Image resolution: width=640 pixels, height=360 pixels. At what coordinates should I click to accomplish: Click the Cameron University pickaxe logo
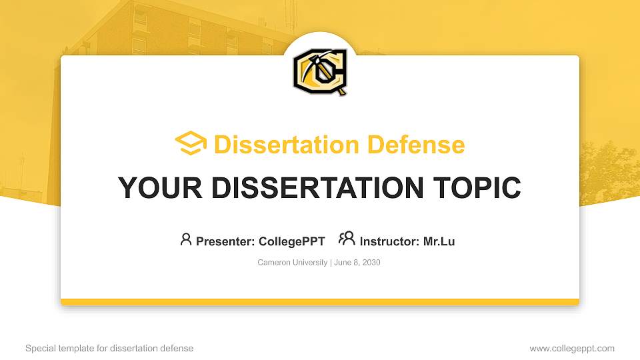(x=320, y=71)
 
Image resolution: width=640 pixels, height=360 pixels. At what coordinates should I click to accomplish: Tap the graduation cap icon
(x=191, y=144)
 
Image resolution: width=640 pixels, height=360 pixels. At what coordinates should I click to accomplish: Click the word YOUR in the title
(x=155, y=188)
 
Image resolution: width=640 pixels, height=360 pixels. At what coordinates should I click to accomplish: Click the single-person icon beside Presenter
(x=186, y=239)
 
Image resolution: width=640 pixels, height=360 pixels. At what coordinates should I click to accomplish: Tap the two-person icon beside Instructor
(x=347, y=239)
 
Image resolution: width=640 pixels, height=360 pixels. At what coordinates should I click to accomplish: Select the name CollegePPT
(x=292, y=241)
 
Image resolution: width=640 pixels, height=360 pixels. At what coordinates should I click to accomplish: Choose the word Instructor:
(x=390, y=241)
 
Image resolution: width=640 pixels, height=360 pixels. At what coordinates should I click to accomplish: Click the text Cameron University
(x=292, y=263)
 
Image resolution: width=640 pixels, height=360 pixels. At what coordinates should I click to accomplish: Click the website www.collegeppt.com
(x=572, y=348)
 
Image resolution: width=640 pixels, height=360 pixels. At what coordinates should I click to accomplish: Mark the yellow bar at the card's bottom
(x=320, y=302)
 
